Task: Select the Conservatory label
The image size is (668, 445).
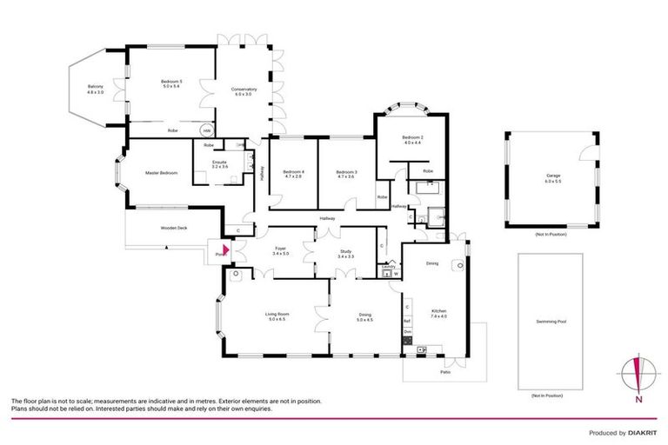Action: click(x=244, y=91)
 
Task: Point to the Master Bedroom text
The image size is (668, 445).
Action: click(x=162, y=174)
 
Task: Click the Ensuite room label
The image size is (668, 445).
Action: click(x=220, y=163)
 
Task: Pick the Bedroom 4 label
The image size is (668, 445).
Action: click(x=293, y=173)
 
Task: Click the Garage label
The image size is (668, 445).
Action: click(x=553, y=178)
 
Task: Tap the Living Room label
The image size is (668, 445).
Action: click(x=277, y=316)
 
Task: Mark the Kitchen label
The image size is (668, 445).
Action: click(x=438, y=313)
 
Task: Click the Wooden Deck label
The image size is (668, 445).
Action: click(x=174, y=228)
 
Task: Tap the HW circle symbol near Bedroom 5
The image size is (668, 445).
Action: click(x=208, y=130)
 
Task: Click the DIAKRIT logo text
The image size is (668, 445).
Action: click(x=641, y=432)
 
